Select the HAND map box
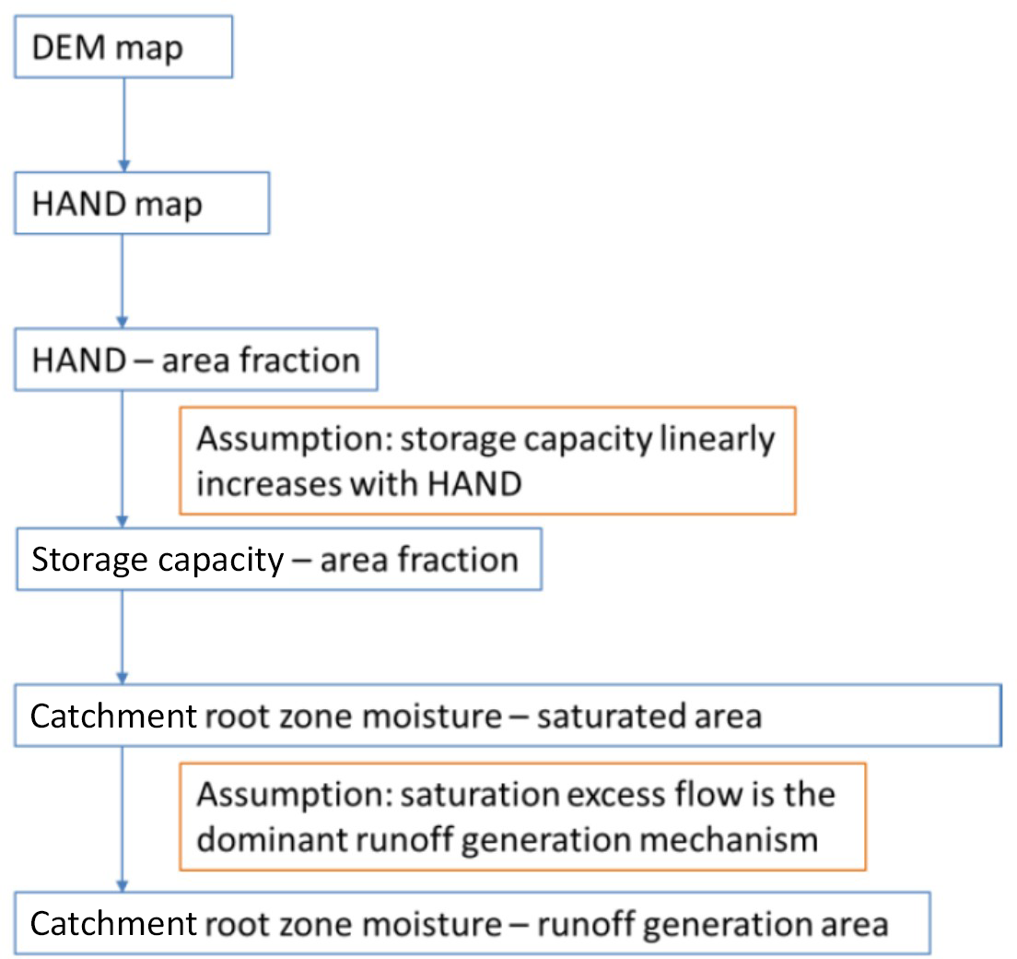coord(142,203)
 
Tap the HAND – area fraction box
coord(195,359)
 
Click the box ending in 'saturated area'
coord(507,716)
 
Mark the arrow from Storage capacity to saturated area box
coord(123,637)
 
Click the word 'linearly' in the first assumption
coord(718,440)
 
